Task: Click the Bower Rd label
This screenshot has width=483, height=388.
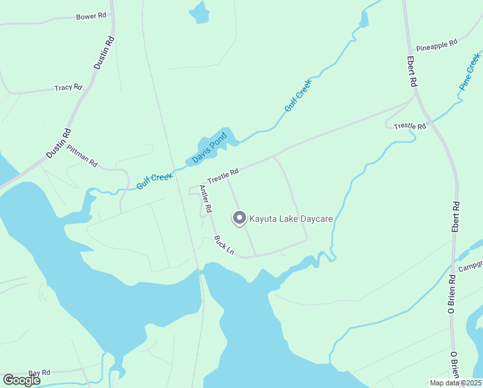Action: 90,16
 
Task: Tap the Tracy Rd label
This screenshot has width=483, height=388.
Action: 68,87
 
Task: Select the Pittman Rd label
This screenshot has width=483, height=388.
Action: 82,155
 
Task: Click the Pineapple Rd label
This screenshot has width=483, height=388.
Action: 437,44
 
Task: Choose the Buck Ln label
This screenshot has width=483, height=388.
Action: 224,244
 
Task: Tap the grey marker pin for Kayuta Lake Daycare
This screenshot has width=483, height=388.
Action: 240,219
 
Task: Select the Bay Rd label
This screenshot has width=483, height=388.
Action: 39,373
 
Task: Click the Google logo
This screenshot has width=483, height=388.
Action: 21,381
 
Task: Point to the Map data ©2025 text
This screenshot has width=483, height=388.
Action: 455,383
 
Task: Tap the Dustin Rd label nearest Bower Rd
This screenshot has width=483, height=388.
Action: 104,52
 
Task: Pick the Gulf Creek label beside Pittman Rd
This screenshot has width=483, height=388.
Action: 154,180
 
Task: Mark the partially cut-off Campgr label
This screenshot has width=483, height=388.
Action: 471,266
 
